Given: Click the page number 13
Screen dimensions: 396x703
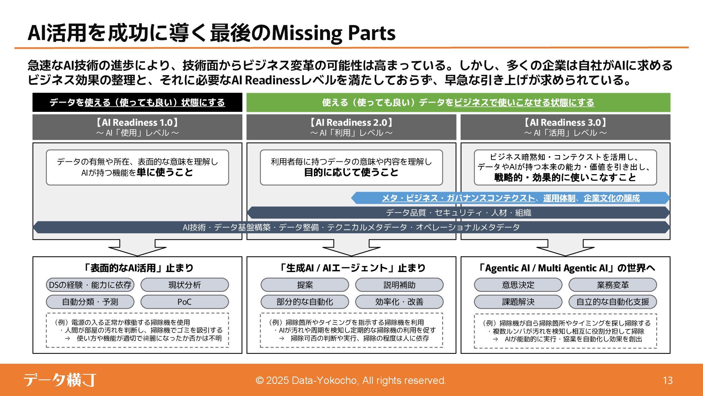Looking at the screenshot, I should pos(667,380).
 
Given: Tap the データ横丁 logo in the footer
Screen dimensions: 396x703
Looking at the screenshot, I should pos(60,380).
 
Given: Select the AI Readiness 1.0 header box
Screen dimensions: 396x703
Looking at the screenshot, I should pos(137,127).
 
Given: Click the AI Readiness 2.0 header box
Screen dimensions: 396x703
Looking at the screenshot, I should pos(351,127).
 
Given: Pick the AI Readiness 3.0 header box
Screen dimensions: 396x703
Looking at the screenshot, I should pos(565,127).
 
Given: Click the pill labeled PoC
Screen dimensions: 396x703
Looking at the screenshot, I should pos(185,302).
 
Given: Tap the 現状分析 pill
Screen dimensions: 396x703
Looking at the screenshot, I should pos(185,285).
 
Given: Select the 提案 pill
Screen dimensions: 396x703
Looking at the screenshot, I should pos(305,285).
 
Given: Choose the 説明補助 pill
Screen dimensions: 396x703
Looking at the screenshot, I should pos(399,285).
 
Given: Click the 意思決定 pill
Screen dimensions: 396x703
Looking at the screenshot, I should pos(518,285).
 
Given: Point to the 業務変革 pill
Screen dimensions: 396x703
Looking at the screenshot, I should pos(613,285).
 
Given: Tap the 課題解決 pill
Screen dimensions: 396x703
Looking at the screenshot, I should pos(518,302).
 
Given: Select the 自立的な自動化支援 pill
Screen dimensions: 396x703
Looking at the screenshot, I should pos(613,302).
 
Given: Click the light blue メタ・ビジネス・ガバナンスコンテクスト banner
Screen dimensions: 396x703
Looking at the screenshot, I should pos(510,198).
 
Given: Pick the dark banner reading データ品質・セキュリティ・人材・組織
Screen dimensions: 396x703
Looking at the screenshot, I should pos(458,213).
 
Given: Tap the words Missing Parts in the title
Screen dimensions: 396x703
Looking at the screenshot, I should pos(334,34).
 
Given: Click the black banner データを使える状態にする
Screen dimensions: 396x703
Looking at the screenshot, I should pos(137,102).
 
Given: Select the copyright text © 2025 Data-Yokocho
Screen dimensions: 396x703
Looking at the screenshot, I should pos(351,380).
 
